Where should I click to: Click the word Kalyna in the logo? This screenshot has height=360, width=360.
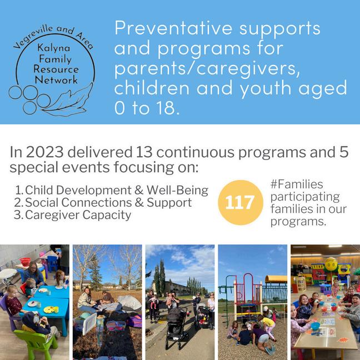pos(53,48)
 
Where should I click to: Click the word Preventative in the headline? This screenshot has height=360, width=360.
pos(173,28)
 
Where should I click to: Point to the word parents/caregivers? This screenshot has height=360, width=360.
pos(207,68)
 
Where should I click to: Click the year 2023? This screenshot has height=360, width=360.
pos(44,152)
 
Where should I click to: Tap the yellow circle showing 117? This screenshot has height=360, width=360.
pos(241,202)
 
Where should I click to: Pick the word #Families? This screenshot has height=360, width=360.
pos(297,184)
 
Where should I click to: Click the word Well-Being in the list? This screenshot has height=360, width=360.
pos(177,190)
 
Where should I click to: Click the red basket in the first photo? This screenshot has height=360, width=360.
pos(25,262)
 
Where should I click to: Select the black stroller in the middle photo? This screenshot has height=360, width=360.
pos(176,326)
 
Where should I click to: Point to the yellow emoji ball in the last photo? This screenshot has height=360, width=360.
pos(331,263)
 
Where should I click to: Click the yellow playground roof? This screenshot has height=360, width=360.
pos(276,279)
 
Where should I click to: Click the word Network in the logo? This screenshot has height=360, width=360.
pos(56,80)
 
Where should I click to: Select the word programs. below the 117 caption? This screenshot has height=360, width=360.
pos(298,222)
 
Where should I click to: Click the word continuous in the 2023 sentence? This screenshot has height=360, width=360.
pos(195,152)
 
